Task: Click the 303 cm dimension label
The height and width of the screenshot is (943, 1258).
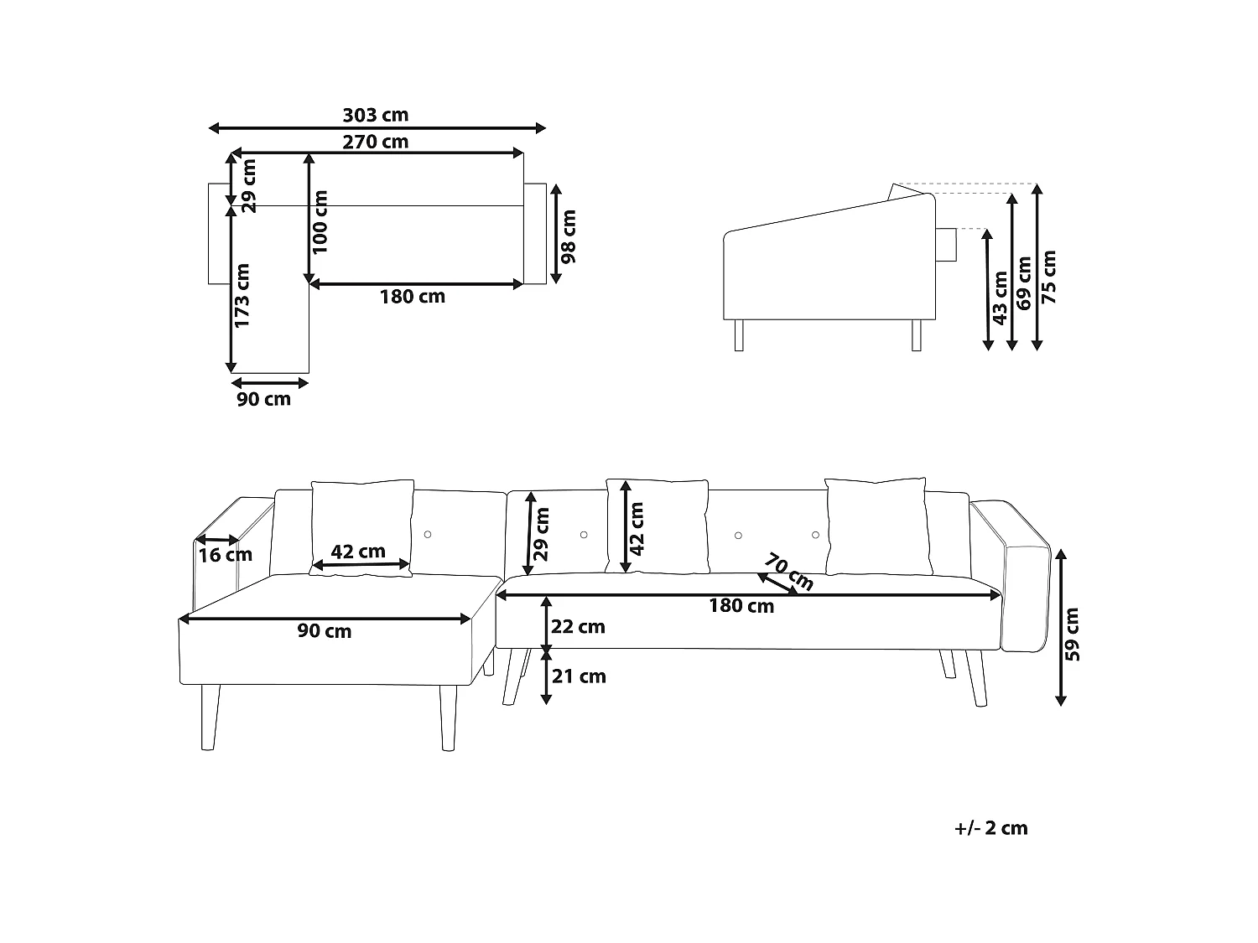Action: pyautogui.click(x=376, y=115)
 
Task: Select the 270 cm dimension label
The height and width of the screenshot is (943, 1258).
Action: pyautogui.click(x=376, y=142)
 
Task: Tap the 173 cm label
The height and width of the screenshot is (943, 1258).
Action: pyautogui.click(x=242, y=295)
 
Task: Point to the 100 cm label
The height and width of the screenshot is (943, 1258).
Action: pyautogui.click(x=320, y=222)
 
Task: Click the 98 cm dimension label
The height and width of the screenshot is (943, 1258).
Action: pyautogui.click(x=568, y=236)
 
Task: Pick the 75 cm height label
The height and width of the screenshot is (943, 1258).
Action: pyautogui.click(x=1048, y=277)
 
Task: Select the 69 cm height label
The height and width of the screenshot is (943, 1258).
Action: pyautogui.click(x=1024, y=283)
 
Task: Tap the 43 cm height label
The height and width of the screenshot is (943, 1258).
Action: pyautogui.click(x=999, y=298)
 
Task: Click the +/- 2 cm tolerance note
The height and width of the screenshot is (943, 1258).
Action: pyautogui.click(x=991, y=828)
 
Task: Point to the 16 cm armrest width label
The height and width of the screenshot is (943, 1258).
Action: pyautogui.click(x=226, y=555)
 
